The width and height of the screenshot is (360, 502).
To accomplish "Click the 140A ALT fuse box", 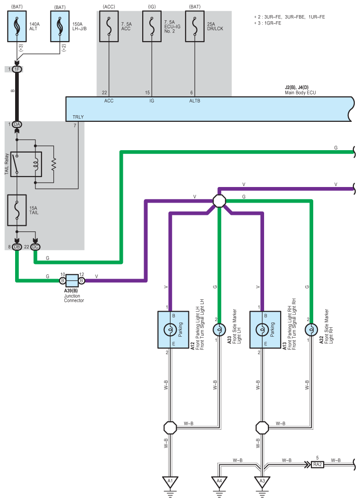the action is pyautogui.click(x=17, y=26).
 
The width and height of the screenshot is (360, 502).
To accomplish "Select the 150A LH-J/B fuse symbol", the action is pyautogui.click(x=60, y=26).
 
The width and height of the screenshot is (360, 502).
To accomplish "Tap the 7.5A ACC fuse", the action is pyautogui.click(x=109, y=26).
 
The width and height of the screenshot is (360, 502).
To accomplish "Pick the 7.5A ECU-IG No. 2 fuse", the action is pyautogui.click(x=152, y=26).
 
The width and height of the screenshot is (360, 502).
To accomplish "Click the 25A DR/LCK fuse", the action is pyautogui.click(x=195, y=26).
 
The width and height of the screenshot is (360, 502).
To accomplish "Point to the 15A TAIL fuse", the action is pyautogui.click(x=17, y=210).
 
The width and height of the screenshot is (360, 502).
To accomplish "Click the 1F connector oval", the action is pyautogui.click(x=17, y=69).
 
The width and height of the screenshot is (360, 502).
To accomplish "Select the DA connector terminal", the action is pyautogui.click(x=17, y=124).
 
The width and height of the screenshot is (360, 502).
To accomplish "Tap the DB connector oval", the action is pyautogui.click(x=17, y=247).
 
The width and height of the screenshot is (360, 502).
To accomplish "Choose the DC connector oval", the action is pyautogui.click(x=35, y=247).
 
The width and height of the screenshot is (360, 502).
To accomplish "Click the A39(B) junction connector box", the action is pyautogui.click(x=72, y=281).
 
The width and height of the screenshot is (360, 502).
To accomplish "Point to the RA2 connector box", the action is pyautogui.click(x=317, y=464).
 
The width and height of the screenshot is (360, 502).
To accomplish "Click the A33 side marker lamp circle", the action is pyautogui.click(x=219, y=330).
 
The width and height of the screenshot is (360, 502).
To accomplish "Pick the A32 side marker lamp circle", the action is pyautogui.click(x=311, y=330).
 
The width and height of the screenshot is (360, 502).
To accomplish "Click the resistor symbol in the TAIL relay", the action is pyautogui.click(x=53, y=164).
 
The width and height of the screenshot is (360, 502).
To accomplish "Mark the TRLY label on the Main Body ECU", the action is pyautogui.click(x=78, y=117).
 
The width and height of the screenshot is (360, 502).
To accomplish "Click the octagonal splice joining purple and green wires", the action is pyautogui.click(x=219, y=201).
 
